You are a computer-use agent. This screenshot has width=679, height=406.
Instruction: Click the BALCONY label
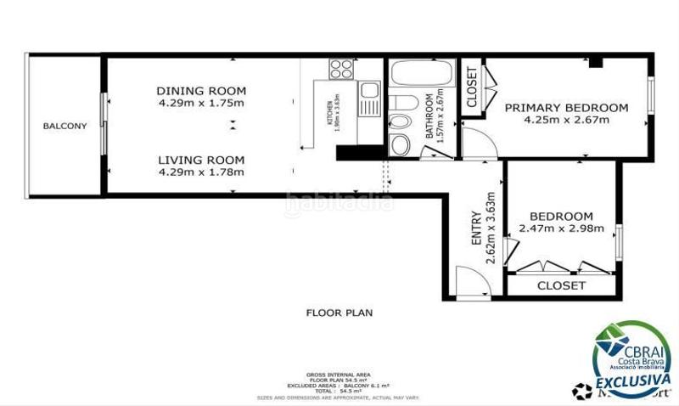point(65,126)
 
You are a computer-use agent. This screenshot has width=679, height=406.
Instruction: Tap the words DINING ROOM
point(201,91)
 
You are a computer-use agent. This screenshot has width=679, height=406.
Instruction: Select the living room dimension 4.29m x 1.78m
point(201,172)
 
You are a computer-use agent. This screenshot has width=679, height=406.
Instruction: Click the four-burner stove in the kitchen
point(341,69)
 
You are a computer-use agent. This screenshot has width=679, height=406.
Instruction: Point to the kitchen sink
point(369,91)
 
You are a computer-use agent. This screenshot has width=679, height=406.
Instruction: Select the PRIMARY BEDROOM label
point(566,108)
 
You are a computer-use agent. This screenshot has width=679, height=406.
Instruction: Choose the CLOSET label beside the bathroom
point(472,86)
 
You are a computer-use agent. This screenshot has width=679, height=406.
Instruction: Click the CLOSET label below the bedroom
point(561,286)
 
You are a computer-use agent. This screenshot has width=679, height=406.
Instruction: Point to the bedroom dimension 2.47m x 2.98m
point(561,228)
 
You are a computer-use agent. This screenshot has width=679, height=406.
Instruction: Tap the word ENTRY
point(476,230)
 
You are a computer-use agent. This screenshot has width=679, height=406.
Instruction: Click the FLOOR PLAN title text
point(339,313)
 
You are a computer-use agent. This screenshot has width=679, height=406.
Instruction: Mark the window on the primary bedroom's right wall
point(651,95)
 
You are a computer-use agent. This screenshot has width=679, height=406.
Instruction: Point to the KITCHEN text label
point(330,110)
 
